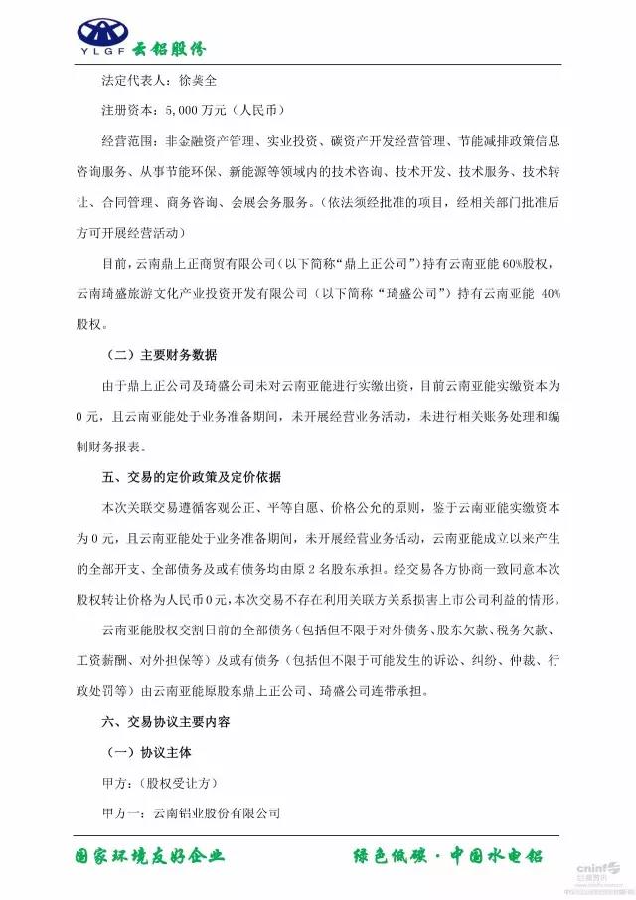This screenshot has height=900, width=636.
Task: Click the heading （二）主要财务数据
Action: [x=161, y=355]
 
